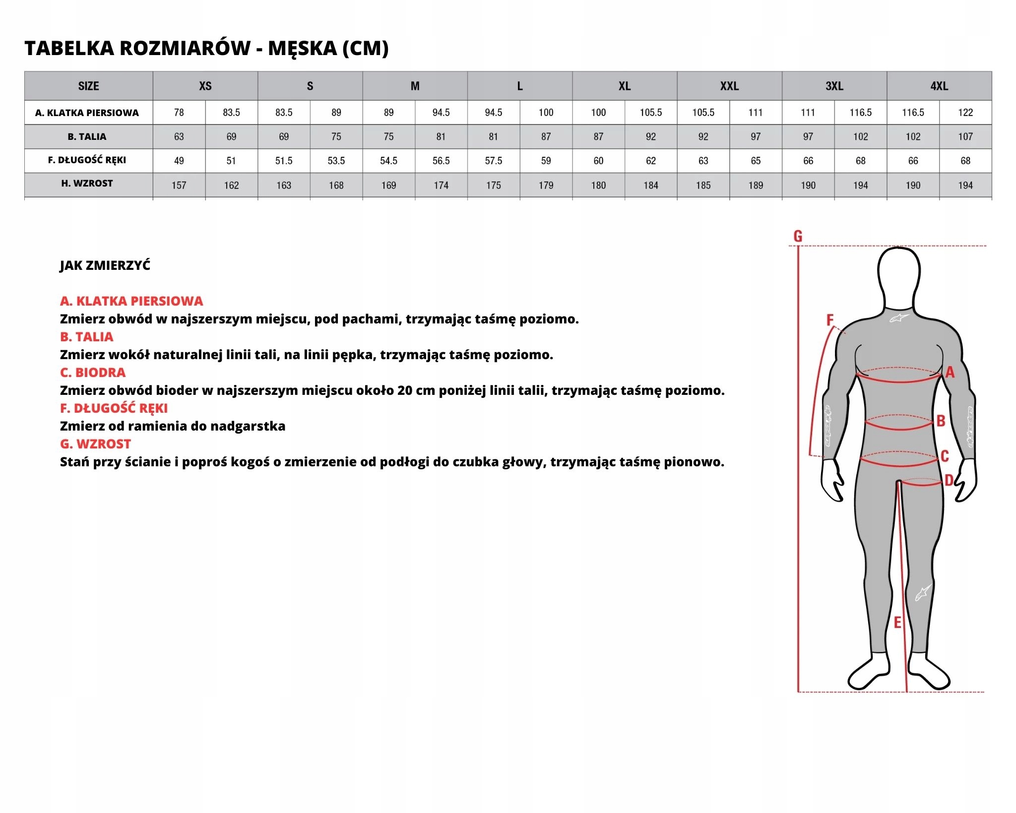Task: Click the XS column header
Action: (205, 86)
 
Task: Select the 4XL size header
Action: (939, 86)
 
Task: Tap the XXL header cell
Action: (729, 86)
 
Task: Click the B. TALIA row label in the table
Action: (87, 136)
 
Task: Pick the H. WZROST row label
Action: (87, 184)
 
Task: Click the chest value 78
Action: (179, 113)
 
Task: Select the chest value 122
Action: (965, 113)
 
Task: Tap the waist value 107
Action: (965, 136)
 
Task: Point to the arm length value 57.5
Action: (494, 161)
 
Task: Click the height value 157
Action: (179, 186)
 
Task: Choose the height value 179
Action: (546, 186)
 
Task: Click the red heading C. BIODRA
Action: (93, 373)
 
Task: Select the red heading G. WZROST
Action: (96, 444)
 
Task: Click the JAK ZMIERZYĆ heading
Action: (105, 265)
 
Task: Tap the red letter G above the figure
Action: (798, 236)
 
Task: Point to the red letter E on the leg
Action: (897, 623)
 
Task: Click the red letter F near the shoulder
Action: (830, 320)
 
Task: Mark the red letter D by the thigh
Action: (949, 480)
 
